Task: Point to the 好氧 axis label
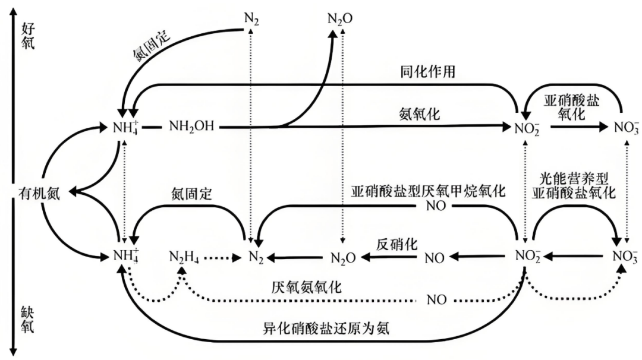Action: point(29,35)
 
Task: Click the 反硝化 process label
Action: point(396,244)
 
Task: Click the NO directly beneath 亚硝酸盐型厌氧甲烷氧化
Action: point(436,207)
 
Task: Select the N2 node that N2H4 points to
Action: point(254,258)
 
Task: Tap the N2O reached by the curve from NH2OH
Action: point(340,18)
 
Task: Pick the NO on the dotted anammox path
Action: point(436,299)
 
